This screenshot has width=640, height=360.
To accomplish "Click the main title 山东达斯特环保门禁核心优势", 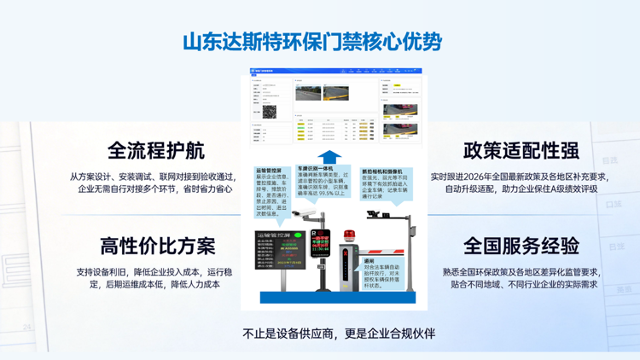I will point(312,40).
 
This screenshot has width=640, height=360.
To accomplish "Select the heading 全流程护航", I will point(157,150).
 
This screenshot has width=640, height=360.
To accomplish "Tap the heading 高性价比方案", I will point(157,247).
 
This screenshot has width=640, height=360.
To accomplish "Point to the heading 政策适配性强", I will point(521,150).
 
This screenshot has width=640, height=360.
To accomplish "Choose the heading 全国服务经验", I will point(521,247).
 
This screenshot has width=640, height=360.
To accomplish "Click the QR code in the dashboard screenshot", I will point(270,111).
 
